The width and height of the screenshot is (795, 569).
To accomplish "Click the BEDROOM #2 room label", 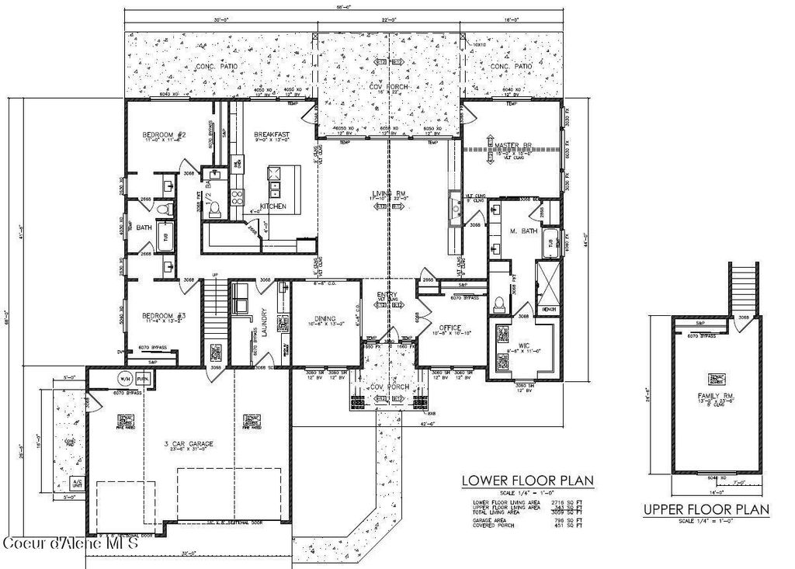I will pyautogui.click(x=161, y=135).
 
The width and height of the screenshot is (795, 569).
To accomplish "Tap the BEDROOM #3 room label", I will pyautogui.click(x=163, y=315).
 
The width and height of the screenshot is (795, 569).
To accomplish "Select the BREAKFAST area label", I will pyautogui.click(x=272, y=135).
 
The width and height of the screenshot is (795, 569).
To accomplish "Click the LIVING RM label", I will pyautogui.click(x=384, y=194).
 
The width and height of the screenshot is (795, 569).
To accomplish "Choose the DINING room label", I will pyautogui.click(x=325, y=317).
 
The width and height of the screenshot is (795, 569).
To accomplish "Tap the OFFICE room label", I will pyautogui.click(x=451, y=327).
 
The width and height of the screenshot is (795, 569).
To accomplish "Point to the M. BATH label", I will pyautogui.click(x=524, y=231).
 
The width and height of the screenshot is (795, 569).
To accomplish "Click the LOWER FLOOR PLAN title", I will pyautogui.click(x=528, y=481).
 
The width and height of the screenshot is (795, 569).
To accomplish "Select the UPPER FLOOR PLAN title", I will pyautogui.click(x=706, y=510).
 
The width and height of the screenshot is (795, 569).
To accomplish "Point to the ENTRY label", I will pyautogui.click(x=387, y=295).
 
